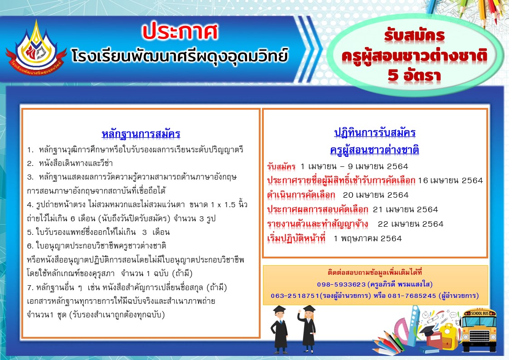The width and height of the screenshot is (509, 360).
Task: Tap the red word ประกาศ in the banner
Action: pyautogui.click(x=180, y=31)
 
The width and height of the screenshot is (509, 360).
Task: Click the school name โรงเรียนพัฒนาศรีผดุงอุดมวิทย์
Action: pyautogui.click(x=180, y=56)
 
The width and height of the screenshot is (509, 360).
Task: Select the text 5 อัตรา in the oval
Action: pyautogui.click(x=414, y=75)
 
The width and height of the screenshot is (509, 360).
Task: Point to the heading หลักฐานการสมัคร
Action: pyautogui.click(x=141, y=134)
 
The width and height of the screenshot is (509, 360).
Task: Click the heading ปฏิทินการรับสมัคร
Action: pyautogui.click(x=375, y=132)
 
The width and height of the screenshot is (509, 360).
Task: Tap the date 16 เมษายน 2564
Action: pyautogui.click(x=451, y=180)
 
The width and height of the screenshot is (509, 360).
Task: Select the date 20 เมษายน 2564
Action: pyautogui.click(x=376, y=195)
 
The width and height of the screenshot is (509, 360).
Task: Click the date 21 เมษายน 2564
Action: pyautogui.click(x=406, y=210)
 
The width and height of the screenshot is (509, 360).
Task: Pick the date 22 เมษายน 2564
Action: pyautogui.click(x=411, y=224)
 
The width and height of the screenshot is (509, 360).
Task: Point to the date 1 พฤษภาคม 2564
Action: pyautogui.click(x=368, y=238)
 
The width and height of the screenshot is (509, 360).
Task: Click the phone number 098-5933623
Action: pyautogui.click(x=341, y=284)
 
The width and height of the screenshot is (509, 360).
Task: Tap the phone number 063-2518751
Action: pyautogui.click(x=295, y=296)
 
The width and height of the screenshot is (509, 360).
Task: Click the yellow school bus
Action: pyautogui.click(x=479, y=330)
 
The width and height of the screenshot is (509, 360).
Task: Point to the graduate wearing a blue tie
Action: pyautogui.click(x=280, y=330)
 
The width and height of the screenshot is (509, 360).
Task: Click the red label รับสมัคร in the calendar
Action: pyautogui.click(x=281, y=166)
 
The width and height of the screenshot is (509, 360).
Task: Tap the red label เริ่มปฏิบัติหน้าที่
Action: pyautogui.click(x=296, y=238)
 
